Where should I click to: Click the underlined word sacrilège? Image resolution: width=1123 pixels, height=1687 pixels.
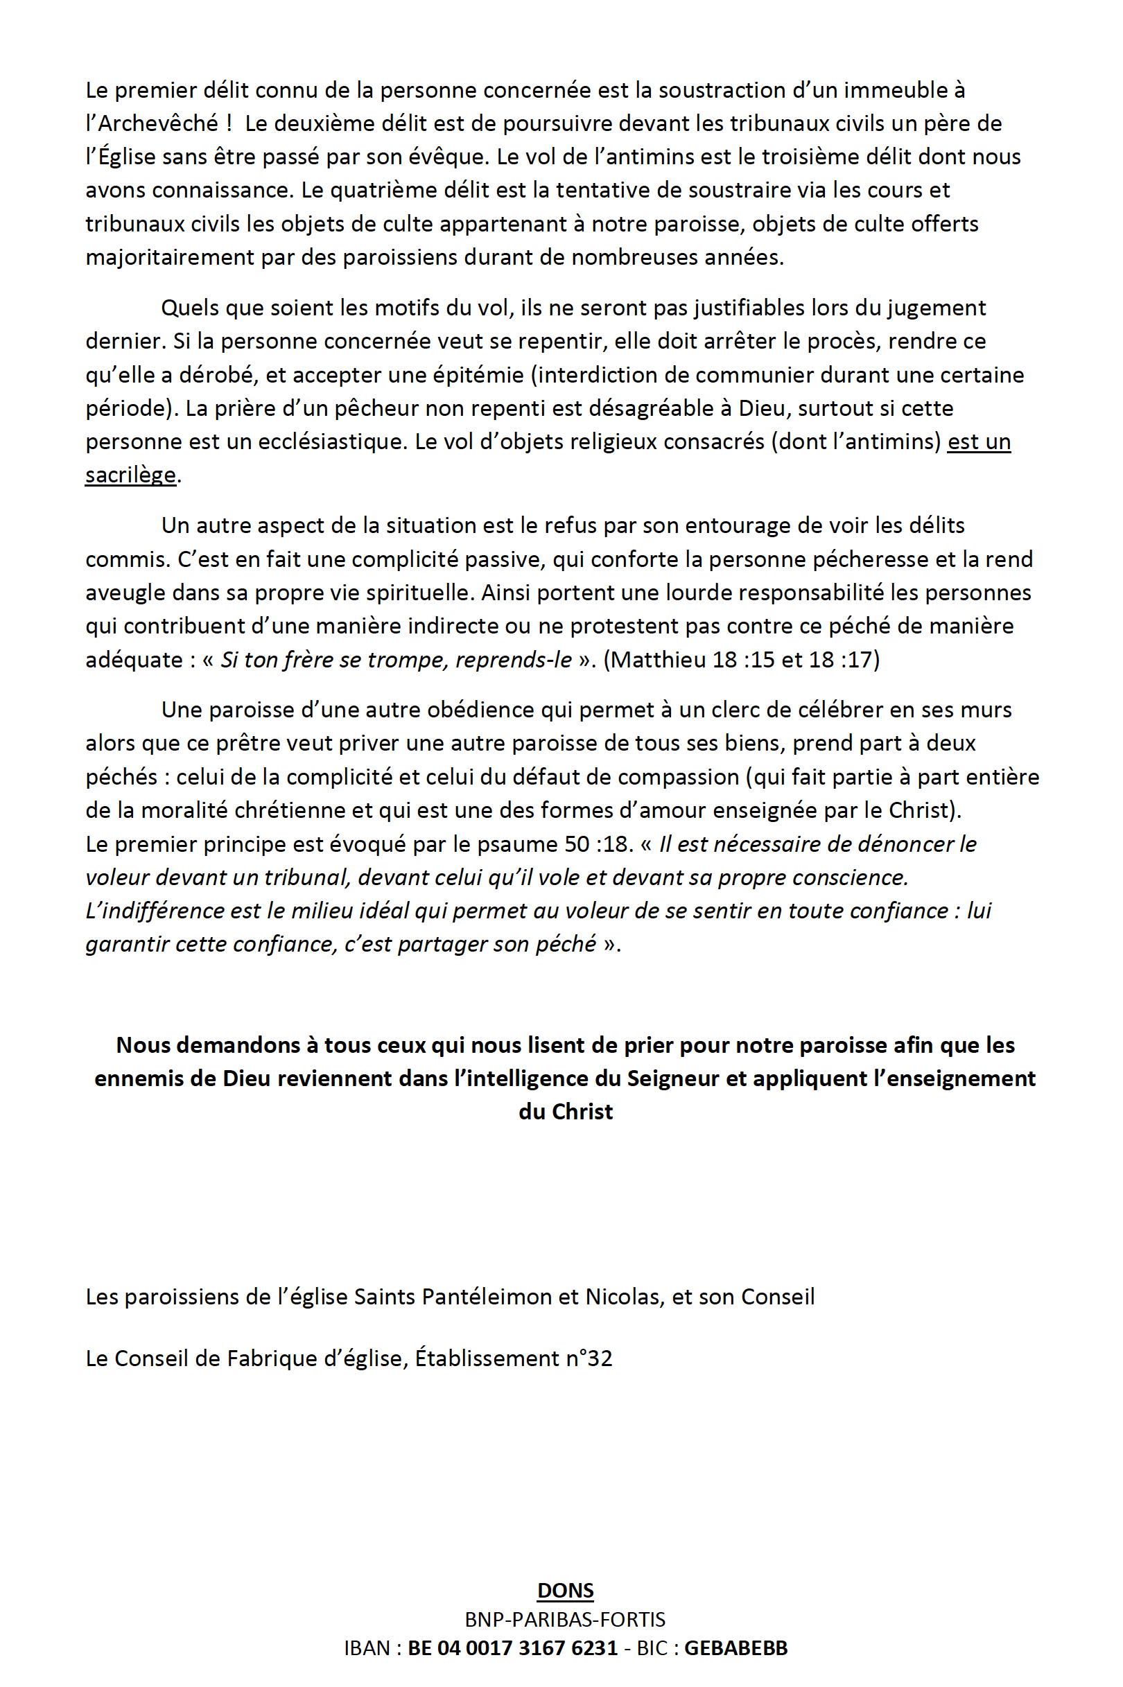tap(130, 475)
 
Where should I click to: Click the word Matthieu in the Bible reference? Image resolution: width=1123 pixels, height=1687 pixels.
tap(655, 659)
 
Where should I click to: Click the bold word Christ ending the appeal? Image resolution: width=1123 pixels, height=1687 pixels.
tap(583, 1112)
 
